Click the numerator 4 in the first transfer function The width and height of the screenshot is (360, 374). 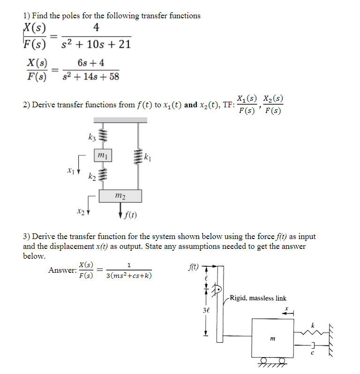tap(96, 28)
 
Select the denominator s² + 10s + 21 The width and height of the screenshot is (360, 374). tap(96, 45)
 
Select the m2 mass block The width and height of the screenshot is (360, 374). tap(120, 195)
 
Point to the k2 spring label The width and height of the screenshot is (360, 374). tap(92, 177)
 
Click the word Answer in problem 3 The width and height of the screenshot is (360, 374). tap(62, 270)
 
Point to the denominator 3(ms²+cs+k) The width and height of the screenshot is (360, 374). tap(129, 276)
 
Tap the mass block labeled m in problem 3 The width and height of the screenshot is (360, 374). tap(271, 337)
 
